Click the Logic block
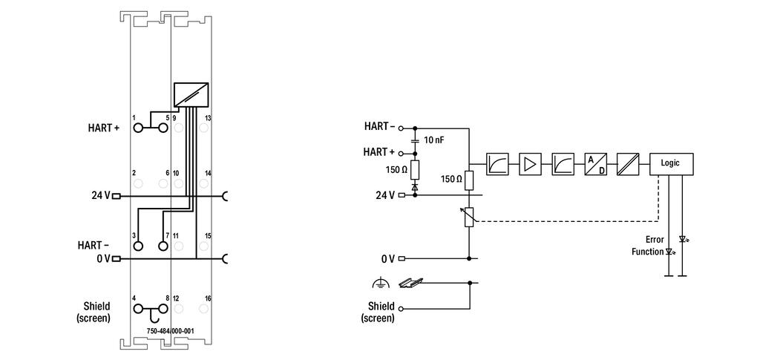coord(671,164)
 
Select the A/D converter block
coord(595,164)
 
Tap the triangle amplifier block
coord(530,164)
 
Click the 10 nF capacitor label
coord(433,140)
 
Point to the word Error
coord(655,239)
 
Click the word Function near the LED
coord(647,252)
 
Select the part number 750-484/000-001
coord(170,331)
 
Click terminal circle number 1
coord(138,128)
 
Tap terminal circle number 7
coord(163,246)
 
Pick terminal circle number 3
coord(138,246)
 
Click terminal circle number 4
coord(138,309)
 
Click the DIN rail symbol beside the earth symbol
coord(410,283)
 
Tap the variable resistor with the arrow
coord(469,217)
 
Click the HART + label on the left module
coord(103,128)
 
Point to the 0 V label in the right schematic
coord(387,259)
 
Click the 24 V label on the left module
coord(100,196)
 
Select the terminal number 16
coord(208,298)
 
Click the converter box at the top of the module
coord(191,94)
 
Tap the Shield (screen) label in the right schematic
coord(381,312)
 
